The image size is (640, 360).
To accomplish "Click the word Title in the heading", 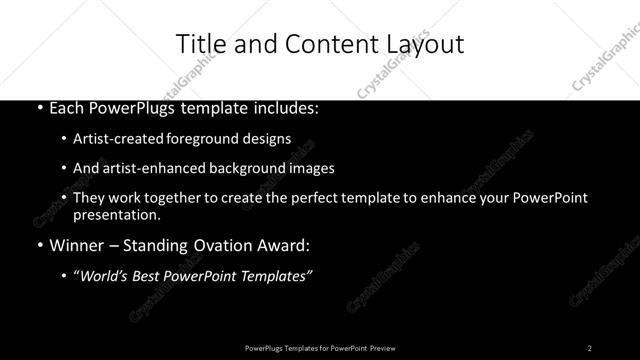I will pyautogui.click(x=198, y=43).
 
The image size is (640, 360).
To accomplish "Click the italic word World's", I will pyautogui.click(x=102, y=276).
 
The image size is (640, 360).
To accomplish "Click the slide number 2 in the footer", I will pyautogui.click(x=590, y=347).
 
